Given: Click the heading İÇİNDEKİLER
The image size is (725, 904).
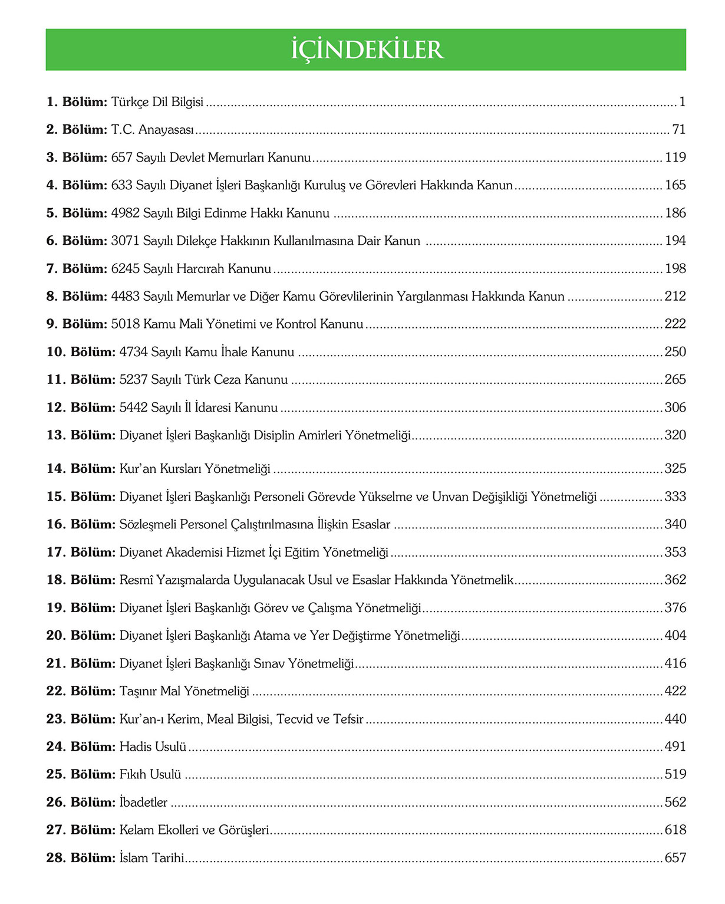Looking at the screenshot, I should tap(366, 50).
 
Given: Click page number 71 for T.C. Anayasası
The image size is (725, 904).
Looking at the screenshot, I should tap(678, 130).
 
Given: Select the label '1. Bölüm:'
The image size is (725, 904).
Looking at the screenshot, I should tap(77, 102).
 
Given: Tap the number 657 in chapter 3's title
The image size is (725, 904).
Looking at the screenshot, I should tap(121, 157).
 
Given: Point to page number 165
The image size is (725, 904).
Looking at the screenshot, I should tap(675, 185).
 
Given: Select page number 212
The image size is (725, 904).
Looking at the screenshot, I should tap(675, 296).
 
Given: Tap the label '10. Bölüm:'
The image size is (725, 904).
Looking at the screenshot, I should tap(81, 352).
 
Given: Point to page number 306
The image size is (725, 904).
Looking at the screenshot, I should tap(675, 407).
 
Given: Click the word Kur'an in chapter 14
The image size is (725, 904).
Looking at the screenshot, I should tap(137, 469).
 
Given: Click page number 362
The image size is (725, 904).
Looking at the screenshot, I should tap(675, 580).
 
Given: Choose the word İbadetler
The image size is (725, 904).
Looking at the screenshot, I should tap(143, 803).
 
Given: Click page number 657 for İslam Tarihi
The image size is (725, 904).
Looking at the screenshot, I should tap(675, 858).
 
